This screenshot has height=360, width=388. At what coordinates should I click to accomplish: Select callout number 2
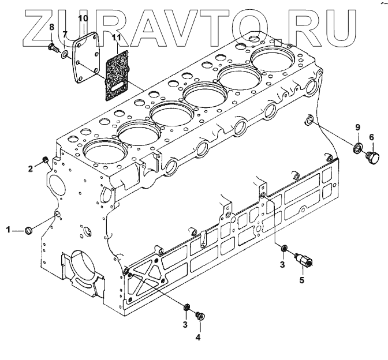[x=31, y=168]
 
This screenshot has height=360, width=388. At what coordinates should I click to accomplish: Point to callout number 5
[x=300, y=280]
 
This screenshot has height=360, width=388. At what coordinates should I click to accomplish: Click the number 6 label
[x=371, y=137]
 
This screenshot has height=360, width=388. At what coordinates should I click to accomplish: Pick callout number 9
[x=357, y=127]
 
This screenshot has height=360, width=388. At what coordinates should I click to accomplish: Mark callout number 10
[x=83, y=18]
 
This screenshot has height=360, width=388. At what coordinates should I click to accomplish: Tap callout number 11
[x=116, y=38]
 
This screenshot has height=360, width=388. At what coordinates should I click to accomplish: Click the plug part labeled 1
[x=30, y=231]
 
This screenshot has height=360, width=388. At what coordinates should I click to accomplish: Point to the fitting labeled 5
[x=305, y=260]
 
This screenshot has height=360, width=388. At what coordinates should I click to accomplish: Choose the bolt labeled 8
[x=52, y=46]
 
